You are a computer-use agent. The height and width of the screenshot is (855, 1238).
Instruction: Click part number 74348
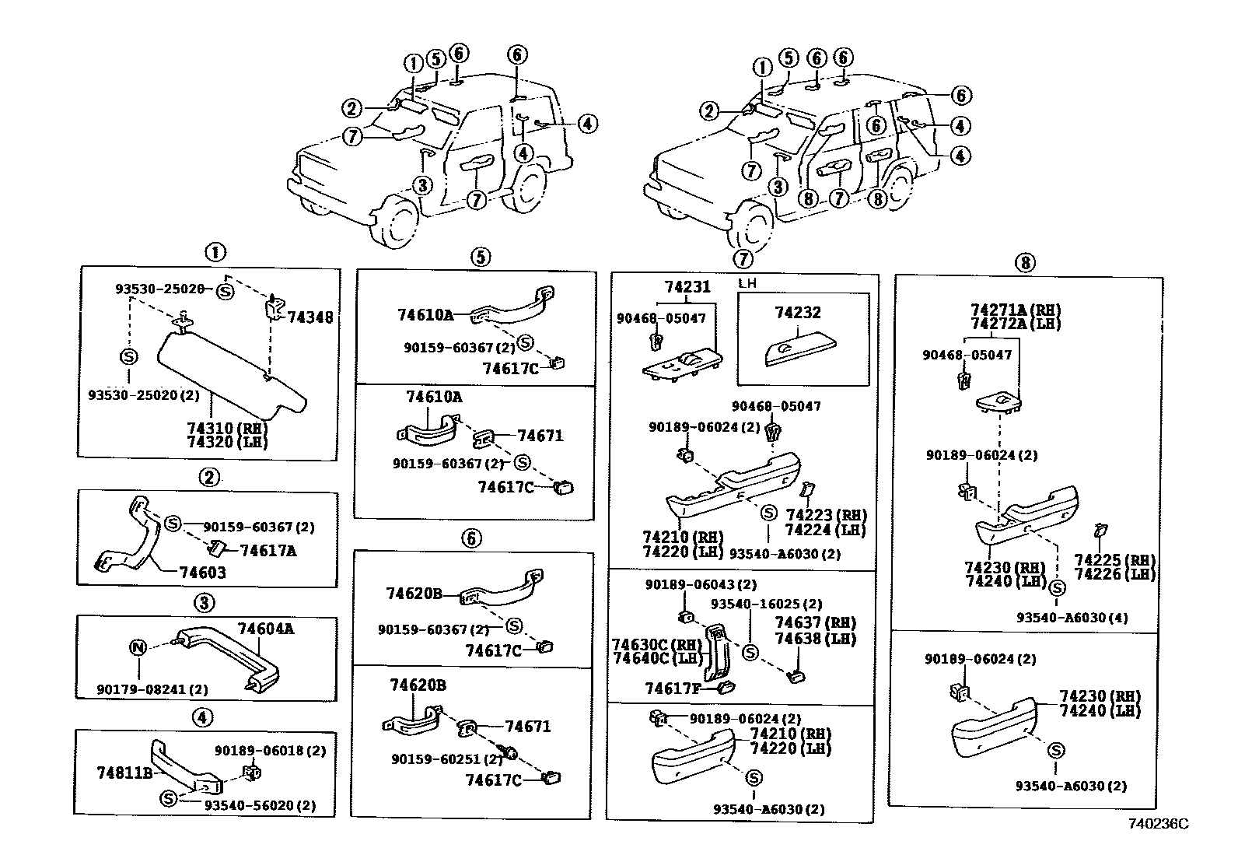tap(310, 317)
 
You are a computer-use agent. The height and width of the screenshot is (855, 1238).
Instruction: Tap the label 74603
tap(202, 573)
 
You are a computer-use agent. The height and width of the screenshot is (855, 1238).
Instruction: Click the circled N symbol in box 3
tap(138, 647)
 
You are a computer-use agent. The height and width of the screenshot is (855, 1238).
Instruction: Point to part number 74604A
tap(266, 629)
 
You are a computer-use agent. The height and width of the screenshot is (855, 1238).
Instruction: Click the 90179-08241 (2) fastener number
tap(152, 689)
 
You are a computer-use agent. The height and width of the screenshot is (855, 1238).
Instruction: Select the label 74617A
tap(268, 551)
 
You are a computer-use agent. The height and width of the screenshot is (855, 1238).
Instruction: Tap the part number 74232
tap(798, 312)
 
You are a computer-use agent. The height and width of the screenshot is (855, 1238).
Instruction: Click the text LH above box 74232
tap(747, 284)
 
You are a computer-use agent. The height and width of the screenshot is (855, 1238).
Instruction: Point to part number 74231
tap(687, 286)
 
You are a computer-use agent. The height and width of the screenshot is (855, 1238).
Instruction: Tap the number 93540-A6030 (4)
tap(1072, 618)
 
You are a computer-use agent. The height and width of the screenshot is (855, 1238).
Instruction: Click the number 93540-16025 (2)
tap(766, 604)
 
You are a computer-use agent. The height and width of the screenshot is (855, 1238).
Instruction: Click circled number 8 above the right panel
tap(1025, 262)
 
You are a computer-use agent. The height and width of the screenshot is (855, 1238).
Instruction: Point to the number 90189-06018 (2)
tap(270, 751)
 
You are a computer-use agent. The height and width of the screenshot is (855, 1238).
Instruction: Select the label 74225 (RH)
tap(1114, 560)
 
